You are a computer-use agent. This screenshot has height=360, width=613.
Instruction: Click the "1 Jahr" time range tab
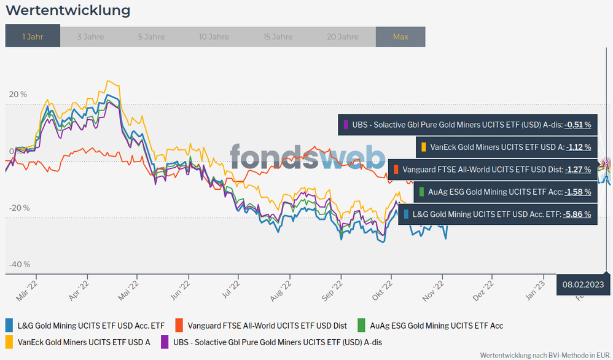tap(33, 37)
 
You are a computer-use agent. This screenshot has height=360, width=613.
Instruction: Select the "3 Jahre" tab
tap(90, 37)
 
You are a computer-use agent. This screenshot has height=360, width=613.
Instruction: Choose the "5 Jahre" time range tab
tap(151, 37)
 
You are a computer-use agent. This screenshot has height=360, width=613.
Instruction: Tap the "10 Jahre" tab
tap(214, 37)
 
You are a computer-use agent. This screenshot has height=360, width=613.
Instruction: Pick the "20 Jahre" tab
tap(342, 37)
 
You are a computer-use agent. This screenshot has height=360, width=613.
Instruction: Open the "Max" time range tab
tap(400, 37)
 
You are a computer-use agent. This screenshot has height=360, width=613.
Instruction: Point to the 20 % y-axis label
tap(18, 95)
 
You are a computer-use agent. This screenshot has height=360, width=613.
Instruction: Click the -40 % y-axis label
tap(19, 265)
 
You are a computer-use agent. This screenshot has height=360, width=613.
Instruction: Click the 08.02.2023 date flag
tap(584, 284)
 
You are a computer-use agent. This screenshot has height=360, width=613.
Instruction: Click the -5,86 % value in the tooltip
tap(577, 214)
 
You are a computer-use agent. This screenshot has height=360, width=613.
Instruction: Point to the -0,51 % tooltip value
tap(577, 125)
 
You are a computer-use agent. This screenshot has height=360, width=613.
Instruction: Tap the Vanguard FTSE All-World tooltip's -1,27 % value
tap(577, 170)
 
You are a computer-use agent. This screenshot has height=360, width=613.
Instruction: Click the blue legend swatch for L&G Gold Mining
tap(9, 325)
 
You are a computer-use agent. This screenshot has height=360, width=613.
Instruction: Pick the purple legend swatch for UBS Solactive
tap(165, 342)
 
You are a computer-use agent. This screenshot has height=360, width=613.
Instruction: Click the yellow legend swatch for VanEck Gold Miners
tap(9, 342)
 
